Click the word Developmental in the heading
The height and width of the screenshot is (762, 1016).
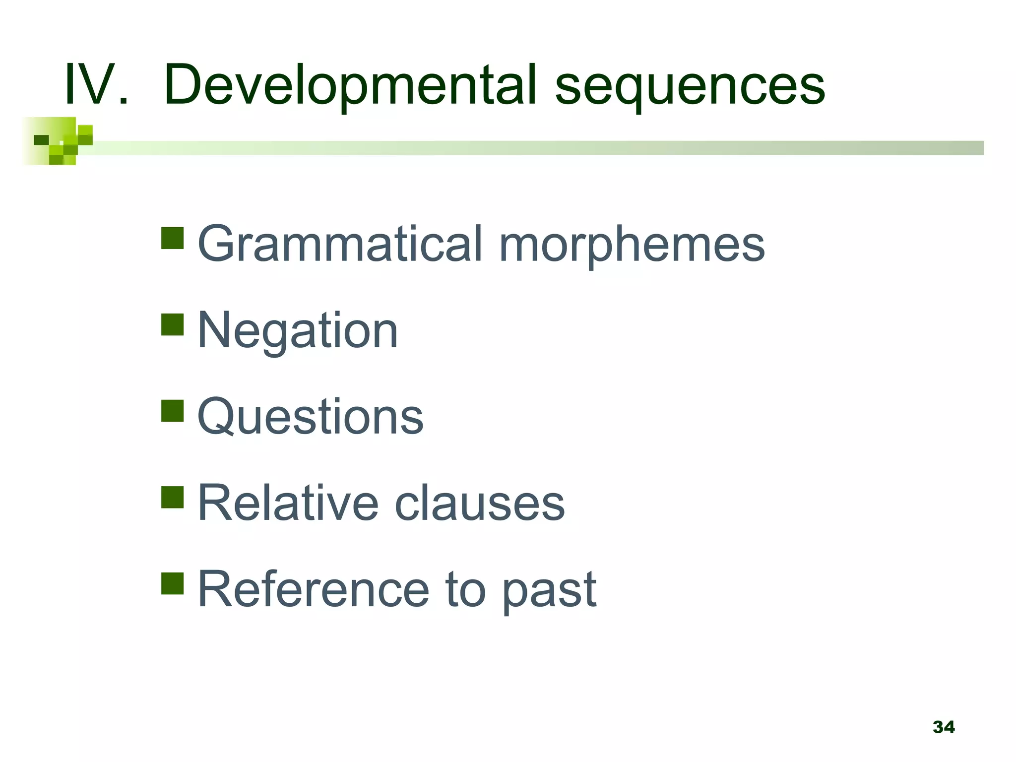pyautogui.click(x=350, y=85)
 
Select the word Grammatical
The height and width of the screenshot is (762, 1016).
pyautogui.click(x=340, y=244)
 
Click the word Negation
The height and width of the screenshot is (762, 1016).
pyautogui.click(x=298, y=330)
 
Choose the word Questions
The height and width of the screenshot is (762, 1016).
pyautogui.click(x=311, y=417)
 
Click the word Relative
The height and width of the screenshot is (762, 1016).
pyautogui.click(x=288, y=503)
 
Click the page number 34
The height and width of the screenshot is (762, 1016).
pyautogui.click(x=944, y=727)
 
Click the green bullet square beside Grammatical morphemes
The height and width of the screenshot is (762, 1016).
pyautogui.click(x=173, y=238)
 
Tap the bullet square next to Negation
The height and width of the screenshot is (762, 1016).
pyautogui.click(x=173, y=324)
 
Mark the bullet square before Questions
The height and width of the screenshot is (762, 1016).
pyautogui.click(x=173, y=411)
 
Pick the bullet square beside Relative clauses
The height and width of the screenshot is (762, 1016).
pyautogui.click(x=173, y=497)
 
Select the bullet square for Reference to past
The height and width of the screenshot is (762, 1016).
pyautogui.click(x=173, y=583)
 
